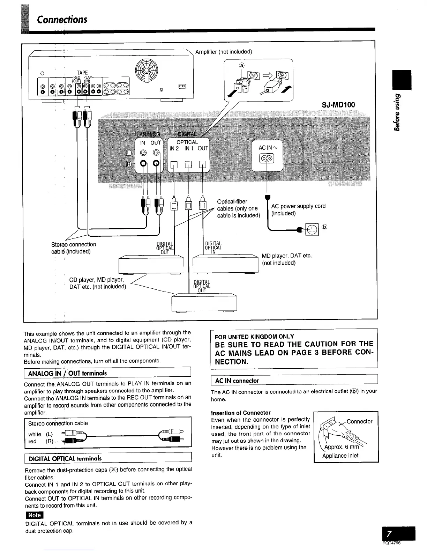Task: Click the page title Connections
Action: pos(62,19)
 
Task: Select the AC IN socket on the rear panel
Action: pos(266,159)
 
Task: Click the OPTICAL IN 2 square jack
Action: pos(174,165)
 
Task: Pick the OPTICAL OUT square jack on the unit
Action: pos(203,165)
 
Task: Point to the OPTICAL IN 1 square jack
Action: pos(188,165)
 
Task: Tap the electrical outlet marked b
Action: pos(312,229)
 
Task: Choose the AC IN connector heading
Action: pos(237,381)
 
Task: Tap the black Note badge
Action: pos(34,515)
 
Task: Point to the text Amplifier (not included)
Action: pos(223,52)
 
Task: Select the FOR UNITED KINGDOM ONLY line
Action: pos(254,337)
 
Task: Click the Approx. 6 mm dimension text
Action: pos(341,448)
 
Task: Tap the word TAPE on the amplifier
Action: pos(82,73)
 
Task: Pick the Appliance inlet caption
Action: pos(340,456)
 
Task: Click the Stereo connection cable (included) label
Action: pos(73,248)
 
